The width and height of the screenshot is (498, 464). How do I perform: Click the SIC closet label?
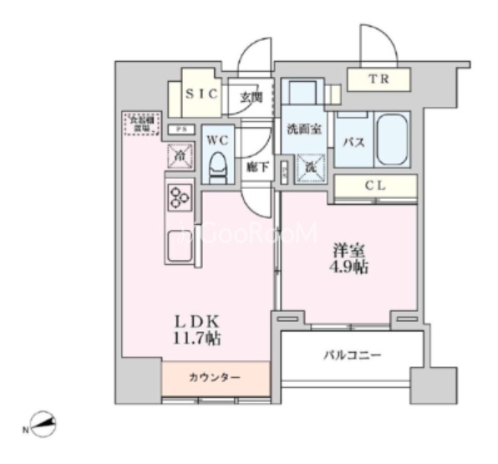point(201,95)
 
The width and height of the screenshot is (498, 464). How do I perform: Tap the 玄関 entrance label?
point(251,97)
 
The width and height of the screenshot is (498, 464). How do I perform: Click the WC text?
point(218,139)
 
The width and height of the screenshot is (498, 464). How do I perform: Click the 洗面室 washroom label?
point(305,130)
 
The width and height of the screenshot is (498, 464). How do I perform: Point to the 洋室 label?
point(349,249)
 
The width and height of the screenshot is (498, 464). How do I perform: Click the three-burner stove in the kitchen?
point(179,196)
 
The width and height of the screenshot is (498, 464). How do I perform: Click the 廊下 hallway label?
point(257,167)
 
